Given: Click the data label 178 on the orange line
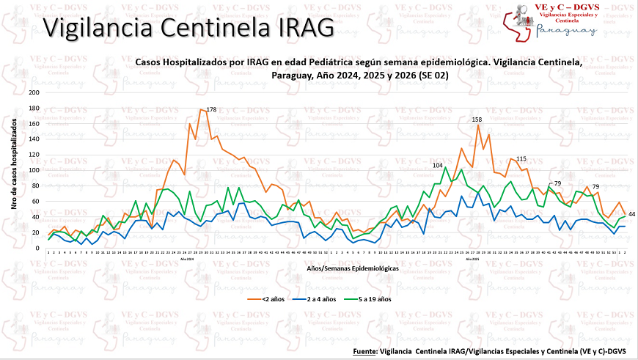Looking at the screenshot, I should (x=211, y=110).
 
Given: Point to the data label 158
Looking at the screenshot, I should (x=477, y=119).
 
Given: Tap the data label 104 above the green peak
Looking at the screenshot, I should (x=438, y=166).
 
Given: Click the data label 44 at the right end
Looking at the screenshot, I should (x=631, y=213).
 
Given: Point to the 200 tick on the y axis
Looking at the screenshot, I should (x=34, y=92).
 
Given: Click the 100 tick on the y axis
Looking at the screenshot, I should (x=34, y=170).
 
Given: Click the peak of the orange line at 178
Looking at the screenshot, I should (x=200, y=109).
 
